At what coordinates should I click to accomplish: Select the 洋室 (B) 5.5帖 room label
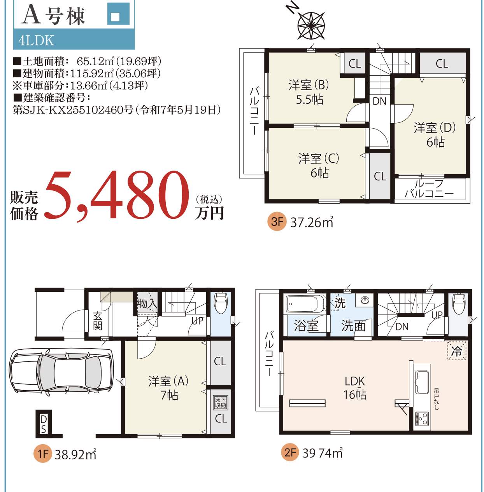pos(309,92)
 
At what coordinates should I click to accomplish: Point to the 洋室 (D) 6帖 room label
pos(435,135)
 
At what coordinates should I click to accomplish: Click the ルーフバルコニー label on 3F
pos(429,189)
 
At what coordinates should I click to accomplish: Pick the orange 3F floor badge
pos(276,221)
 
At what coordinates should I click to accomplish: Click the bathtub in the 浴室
pos(305,304)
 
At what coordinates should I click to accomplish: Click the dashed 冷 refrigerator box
pos(457,351)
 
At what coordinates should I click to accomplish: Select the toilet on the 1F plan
pos(220,303)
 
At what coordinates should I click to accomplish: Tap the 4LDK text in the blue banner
pos(36,40)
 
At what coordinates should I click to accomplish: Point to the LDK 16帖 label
pos(354,388)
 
